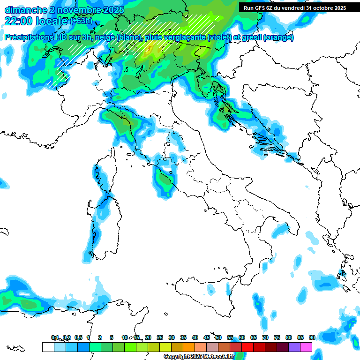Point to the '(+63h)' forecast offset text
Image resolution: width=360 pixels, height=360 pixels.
(82, 21)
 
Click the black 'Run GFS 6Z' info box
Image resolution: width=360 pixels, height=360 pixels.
(295, 8)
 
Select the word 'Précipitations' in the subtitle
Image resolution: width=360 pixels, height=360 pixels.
(31, 37)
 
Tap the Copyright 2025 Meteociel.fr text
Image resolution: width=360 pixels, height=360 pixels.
(199, 357)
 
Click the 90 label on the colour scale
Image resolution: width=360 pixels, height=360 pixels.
(312, 337)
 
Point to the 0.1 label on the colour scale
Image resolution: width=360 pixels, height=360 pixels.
(55, 337)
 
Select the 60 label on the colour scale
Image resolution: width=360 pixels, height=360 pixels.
(242, 337)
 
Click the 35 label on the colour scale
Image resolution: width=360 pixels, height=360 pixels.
(183, 337)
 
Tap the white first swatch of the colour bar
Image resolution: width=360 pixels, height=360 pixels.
(48, 347)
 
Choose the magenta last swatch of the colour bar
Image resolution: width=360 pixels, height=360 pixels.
(306, 347)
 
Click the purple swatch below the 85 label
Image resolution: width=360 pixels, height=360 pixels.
(294, 347)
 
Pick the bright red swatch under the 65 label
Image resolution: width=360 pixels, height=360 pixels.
(247, 347)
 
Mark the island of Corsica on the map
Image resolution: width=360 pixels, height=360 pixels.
(104, 175)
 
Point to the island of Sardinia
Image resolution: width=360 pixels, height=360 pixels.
(103, 225)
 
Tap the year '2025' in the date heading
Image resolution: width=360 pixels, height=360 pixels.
(112, 10)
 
